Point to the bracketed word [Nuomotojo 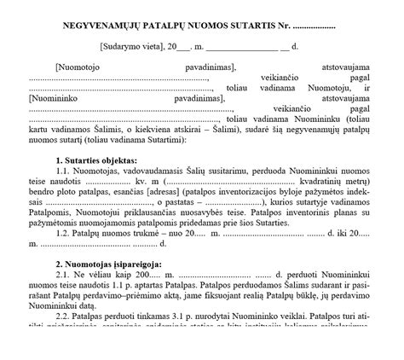pyautogui.click(x=81, y=66)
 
